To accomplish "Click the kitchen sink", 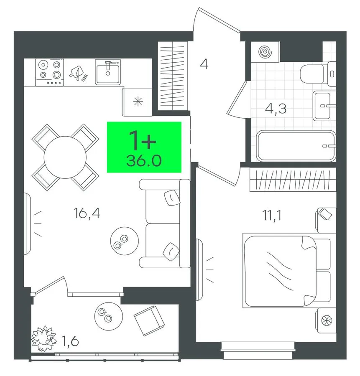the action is coord(108,72).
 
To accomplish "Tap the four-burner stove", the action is coord(50,72).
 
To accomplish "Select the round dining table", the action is coord(65,158).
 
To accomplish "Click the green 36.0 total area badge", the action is coord(144,147).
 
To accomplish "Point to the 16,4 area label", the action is coord(87,213).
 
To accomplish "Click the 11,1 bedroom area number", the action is coord(272,215).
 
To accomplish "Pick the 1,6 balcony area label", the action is coord(70,341).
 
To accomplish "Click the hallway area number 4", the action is coord(204,64).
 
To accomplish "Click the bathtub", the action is coord(296,145).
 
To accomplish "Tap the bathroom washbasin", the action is coord(324,106).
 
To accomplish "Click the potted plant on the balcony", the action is coord(44,338).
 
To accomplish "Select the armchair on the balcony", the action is coord(149,321).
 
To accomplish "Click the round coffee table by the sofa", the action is coord(124,241).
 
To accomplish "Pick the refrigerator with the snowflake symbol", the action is coord(137,102).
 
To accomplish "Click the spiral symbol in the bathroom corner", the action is coord(265,51).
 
